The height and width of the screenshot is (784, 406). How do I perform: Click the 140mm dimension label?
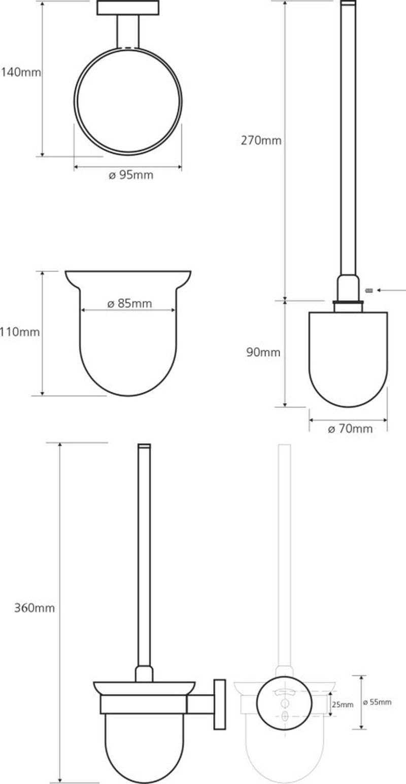tap(21, 73)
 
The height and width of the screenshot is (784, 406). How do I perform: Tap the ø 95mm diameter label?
tap(131, 175)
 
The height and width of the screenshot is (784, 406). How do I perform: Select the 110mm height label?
tap(20, 331)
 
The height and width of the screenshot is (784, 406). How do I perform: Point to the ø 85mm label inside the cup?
tap(129, 303)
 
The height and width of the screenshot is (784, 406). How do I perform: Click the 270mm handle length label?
tap(261, 141)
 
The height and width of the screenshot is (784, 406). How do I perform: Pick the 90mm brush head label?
tap(263, 352)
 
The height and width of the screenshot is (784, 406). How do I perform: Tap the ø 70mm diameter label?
tap(350, 429)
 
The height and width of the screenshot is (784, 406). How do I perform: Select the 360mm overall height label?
tap(35, 608)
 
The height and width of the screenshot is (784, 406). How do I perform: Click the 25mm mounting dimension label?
tap(343, 704)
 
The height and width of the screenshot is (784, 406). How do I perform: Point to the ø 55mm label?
tap(377, 702)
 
